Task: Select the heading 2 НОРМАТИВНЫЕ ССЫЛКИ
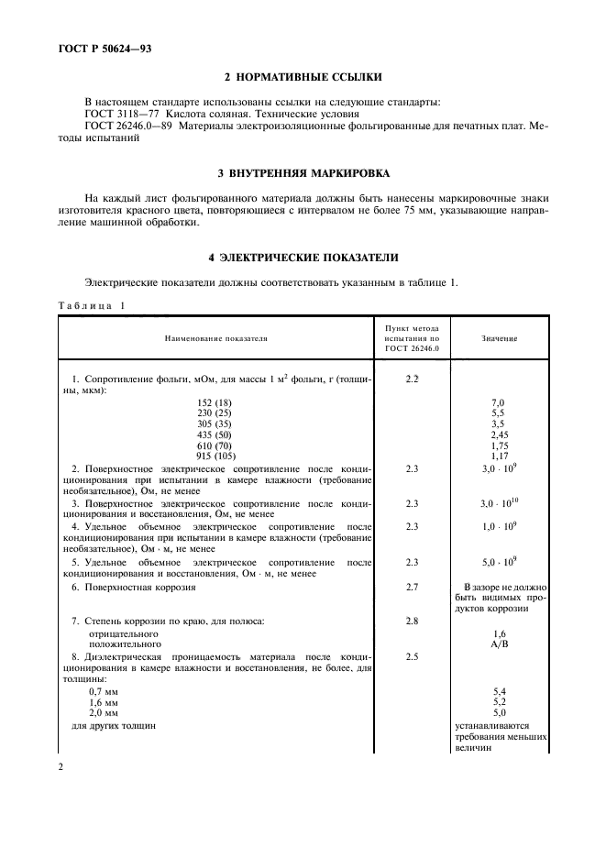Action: [x=303, y=78]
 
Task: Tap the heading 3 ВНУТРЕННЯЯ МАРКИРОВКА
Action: [x=303, y=172]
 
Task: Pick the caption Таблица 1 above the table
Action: [x=91, y=305]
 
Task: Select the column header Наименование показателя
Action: [x=215, y=338]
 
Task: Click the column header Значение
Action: [x=499, y=338]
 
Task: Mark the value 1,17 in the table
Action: [x=499, y=456]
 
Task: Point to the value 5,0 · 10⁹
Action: [x=499, y=561]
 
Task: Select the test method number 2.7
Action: [x=412, y=586]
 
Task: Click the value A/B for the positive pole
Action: [x=499, y=644]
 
